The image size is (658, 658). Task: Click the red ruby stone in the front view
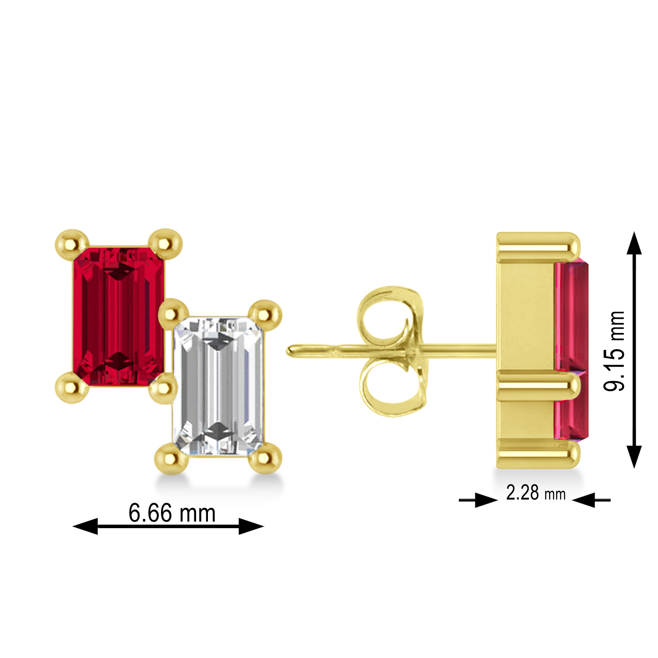point(118,316)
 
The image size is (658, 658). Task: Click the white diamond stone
point(218,386)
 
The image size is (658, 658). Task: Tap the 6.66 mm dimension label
point(172,513)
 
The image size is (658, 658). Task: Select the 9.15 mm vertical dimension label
point(614,350)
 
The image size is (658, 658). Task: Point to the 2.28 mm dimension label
point(536,493)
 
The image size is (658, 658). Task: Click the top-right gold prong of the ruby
point(165,243)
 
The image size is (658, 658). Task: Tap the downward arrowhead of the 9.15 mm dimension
point(634,456)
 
